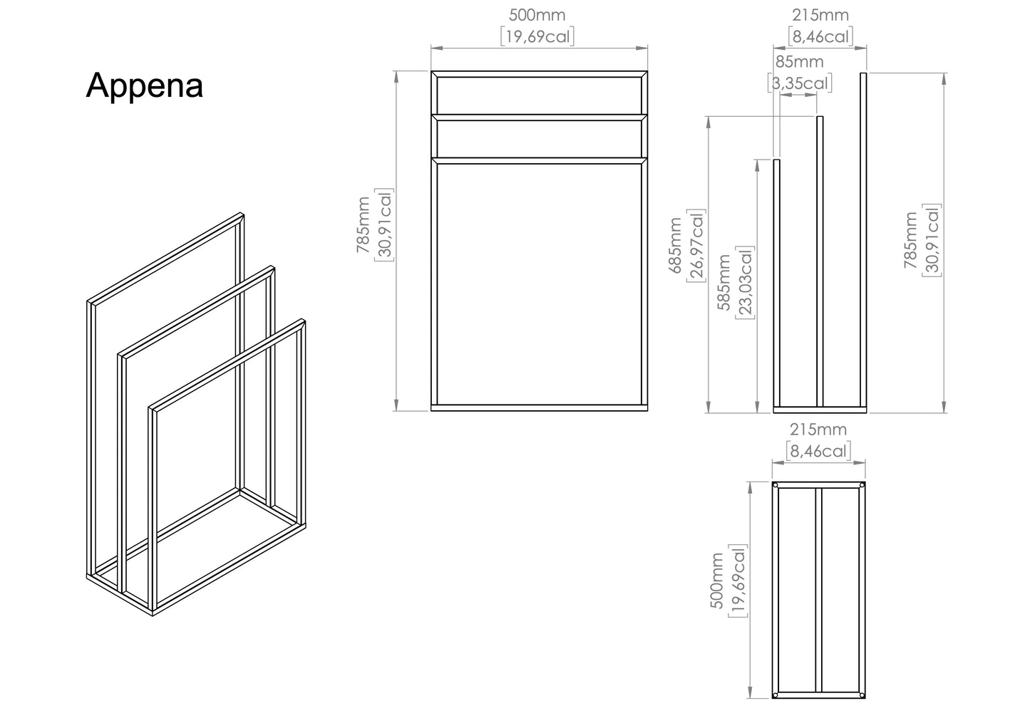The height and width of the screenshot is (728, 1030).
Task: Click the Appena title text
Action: (145, 86)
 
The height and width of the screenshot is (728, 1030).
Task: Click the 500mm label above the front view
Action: (537, 15)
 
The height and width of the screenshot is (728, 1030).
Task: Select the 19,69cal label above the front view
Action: (537, 36)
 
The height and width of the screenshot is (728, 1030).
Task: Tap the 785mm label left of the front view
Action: (363, 225)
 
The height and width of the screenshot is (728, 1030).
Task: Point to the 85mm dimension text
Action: (799, 61)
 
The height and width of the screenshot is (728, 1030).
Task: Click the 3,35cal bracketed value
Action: (800, 83)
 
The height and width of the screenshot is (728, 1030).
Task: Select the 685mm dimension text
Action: (675, 246)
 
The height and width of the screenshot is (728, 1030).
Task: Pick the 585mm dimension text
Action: (723, 282)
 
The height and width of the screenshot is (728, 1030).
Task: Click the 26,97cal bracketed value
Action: (696, 246)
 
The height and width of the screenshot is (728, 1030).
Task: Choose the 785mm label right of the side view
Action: (910, 240)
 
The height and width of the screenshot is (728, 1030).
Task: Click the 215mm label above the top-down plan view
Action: (818, 430)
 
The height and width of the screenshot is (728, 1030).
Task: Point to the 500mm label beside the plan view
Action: (717, 581)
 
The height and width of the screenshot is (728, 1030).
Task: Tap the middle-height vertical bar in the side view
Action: (820, 261)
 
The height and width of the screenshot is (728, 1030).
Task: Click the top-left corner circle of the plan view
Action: (776, 485)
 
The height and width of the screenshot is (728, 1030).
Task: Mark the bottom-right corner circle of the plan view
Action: (862, 695)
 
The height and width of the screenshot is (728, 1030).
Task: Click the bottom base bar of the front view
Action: (540, 407)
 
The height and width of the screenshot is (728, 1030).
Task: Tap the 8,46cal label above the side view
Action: (820, 36)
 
